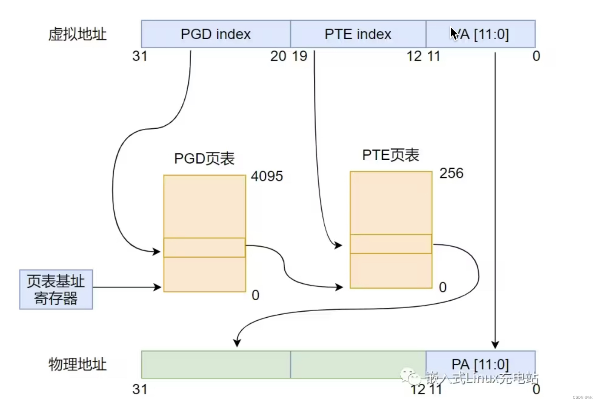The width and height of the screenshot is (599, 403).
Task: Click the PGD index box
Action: pos(216,34)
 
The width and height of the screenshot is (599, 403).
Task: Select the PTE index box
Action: pos(358,34)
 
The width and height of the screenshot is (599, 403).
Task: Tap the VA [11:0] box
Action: pos(480,34)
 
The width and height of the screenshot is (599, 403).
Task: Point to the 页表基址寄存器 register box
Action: pos(56,289)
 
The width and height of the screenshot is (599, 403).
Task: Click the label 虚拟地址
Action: pos(77,34)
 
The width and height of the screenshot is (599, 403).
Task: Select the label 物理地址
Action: pos(77,364)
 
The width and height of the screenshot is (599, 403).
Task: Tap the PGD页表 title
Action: pos(204,158)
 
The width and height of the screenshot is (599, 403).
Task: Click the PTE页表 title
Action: pos(390,155)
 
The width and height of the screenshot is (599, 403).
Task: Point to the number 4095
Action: pos(266,176)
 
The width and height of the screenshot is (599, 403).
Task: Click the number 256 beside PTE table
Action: pos(451,173)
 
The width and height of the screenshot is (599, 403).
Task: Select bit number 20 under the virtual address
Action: pos(278,56)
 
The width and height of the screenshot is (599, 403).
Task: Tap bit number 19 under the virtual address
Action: pos(299,56)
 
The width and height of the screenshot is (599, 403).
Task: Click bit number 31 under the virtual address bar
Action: pos(140,56)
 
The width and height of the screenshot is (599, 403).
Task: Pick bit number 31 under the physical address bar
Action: pos(140,389)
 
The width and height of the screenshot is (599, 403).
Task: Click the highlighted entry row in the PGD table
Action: pos(204,247)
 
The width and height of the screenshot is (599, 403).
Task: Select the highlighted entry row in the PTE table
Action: pos(390,244)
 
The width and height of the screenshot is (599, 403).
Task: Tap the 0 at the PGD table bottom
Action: pos(256,295)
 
